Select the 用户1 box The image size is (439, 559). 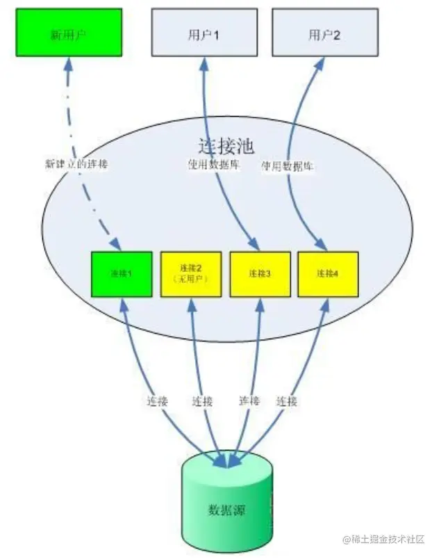click(204, 33)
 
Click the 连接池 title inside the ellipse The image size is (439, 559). click(226, 147)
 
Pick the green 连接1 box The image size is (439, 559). click(122, 273)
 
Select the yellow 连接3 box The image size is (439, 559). click(259, 273)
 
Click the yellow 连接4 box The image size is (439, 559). click(327, 273)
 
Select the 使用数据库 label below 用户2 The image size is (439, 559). click(288, 167)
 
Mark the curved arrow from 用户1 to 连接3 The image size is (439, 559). click(206, 104)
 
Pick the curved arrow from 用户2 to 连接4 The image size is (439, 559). click(299, 104)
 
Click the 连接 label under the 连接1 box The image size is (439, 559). click(157, 401)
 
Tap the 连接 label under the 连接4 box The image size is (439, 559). click(287, 401)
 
